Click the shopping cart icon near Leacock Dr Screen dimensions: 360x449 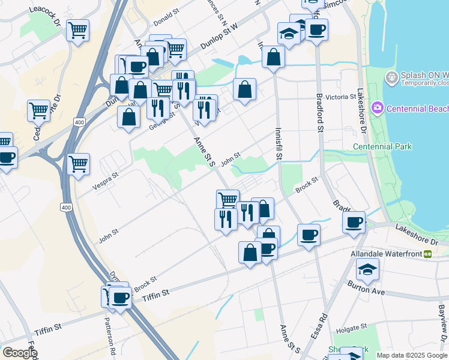pyautogui.click(x=77, y=29)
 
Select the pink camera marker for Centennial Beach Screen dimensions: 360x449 pyautogui.click(x=378, y=109)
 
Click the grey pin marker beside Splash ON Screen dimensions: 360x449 pyautogui.click(x=391, y=77)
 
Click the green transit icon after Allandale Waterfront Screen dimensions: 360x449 pyautogui.click(x=428, y=254)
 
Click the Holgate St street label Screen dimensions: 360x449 pyautogui.click(x=351, y=328)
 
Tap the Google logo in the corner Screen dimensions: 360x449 pyautogui.click(x=20, y=353)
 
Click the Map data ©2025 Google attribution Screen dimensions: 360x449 pyautogui.click(x=411, y=355)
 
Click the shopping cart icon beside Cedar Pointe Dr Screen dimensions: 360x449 pyautogui.click(x=38, y=110)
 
